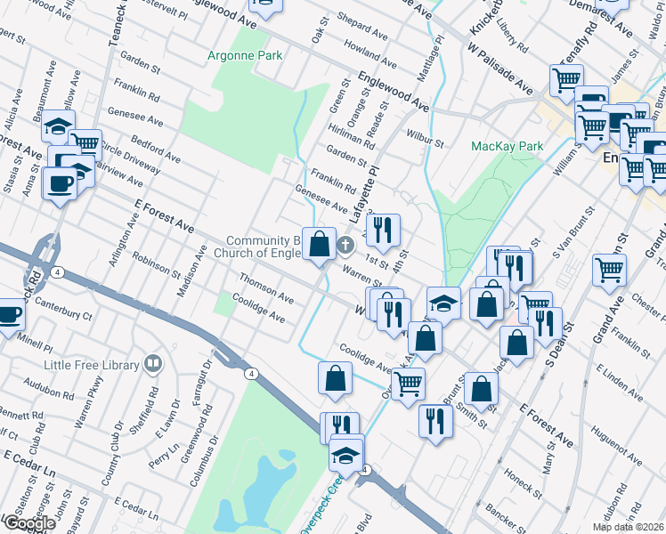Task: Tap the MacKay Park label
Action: coord(507,145)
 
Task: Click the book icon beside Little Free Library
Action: coord(153,364)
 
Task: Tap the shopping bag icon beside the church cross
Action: coord(319,244)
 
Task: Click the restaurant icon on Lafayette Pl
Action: coord(383,230)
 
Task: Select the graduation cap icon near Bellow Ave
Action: coord(59,126)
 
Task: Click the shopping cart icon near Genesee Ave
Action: coord(85,143)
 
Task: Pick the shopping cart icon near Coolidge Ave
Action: coord(408,384)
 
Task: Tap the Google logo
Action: coord(28,523)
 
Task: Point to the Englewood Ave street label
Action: coord(394,91)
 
